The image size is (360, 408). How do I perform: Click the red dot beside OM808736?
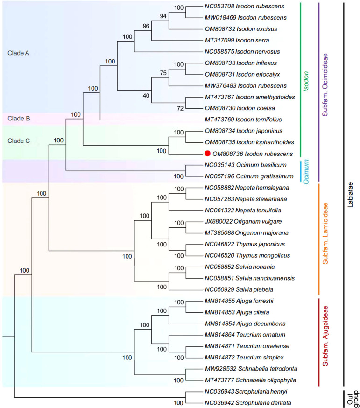pyautogui.click(x=207, y=154)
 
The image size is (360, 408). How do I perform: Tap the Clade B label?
pyautogui.click(x=19, y=119)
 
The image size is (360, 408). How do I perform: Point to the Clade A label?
pyautogui.click(x=19, y=53)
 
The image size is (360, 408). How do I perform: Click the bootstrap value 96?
pyautogui.click(x=146, y=26)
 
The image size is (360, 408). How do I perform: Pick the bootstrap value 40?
pyautogui.click(x=146, y=96)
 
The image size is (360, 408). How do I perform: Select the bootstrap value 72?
pyautogui.click(x=180, y=108)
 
